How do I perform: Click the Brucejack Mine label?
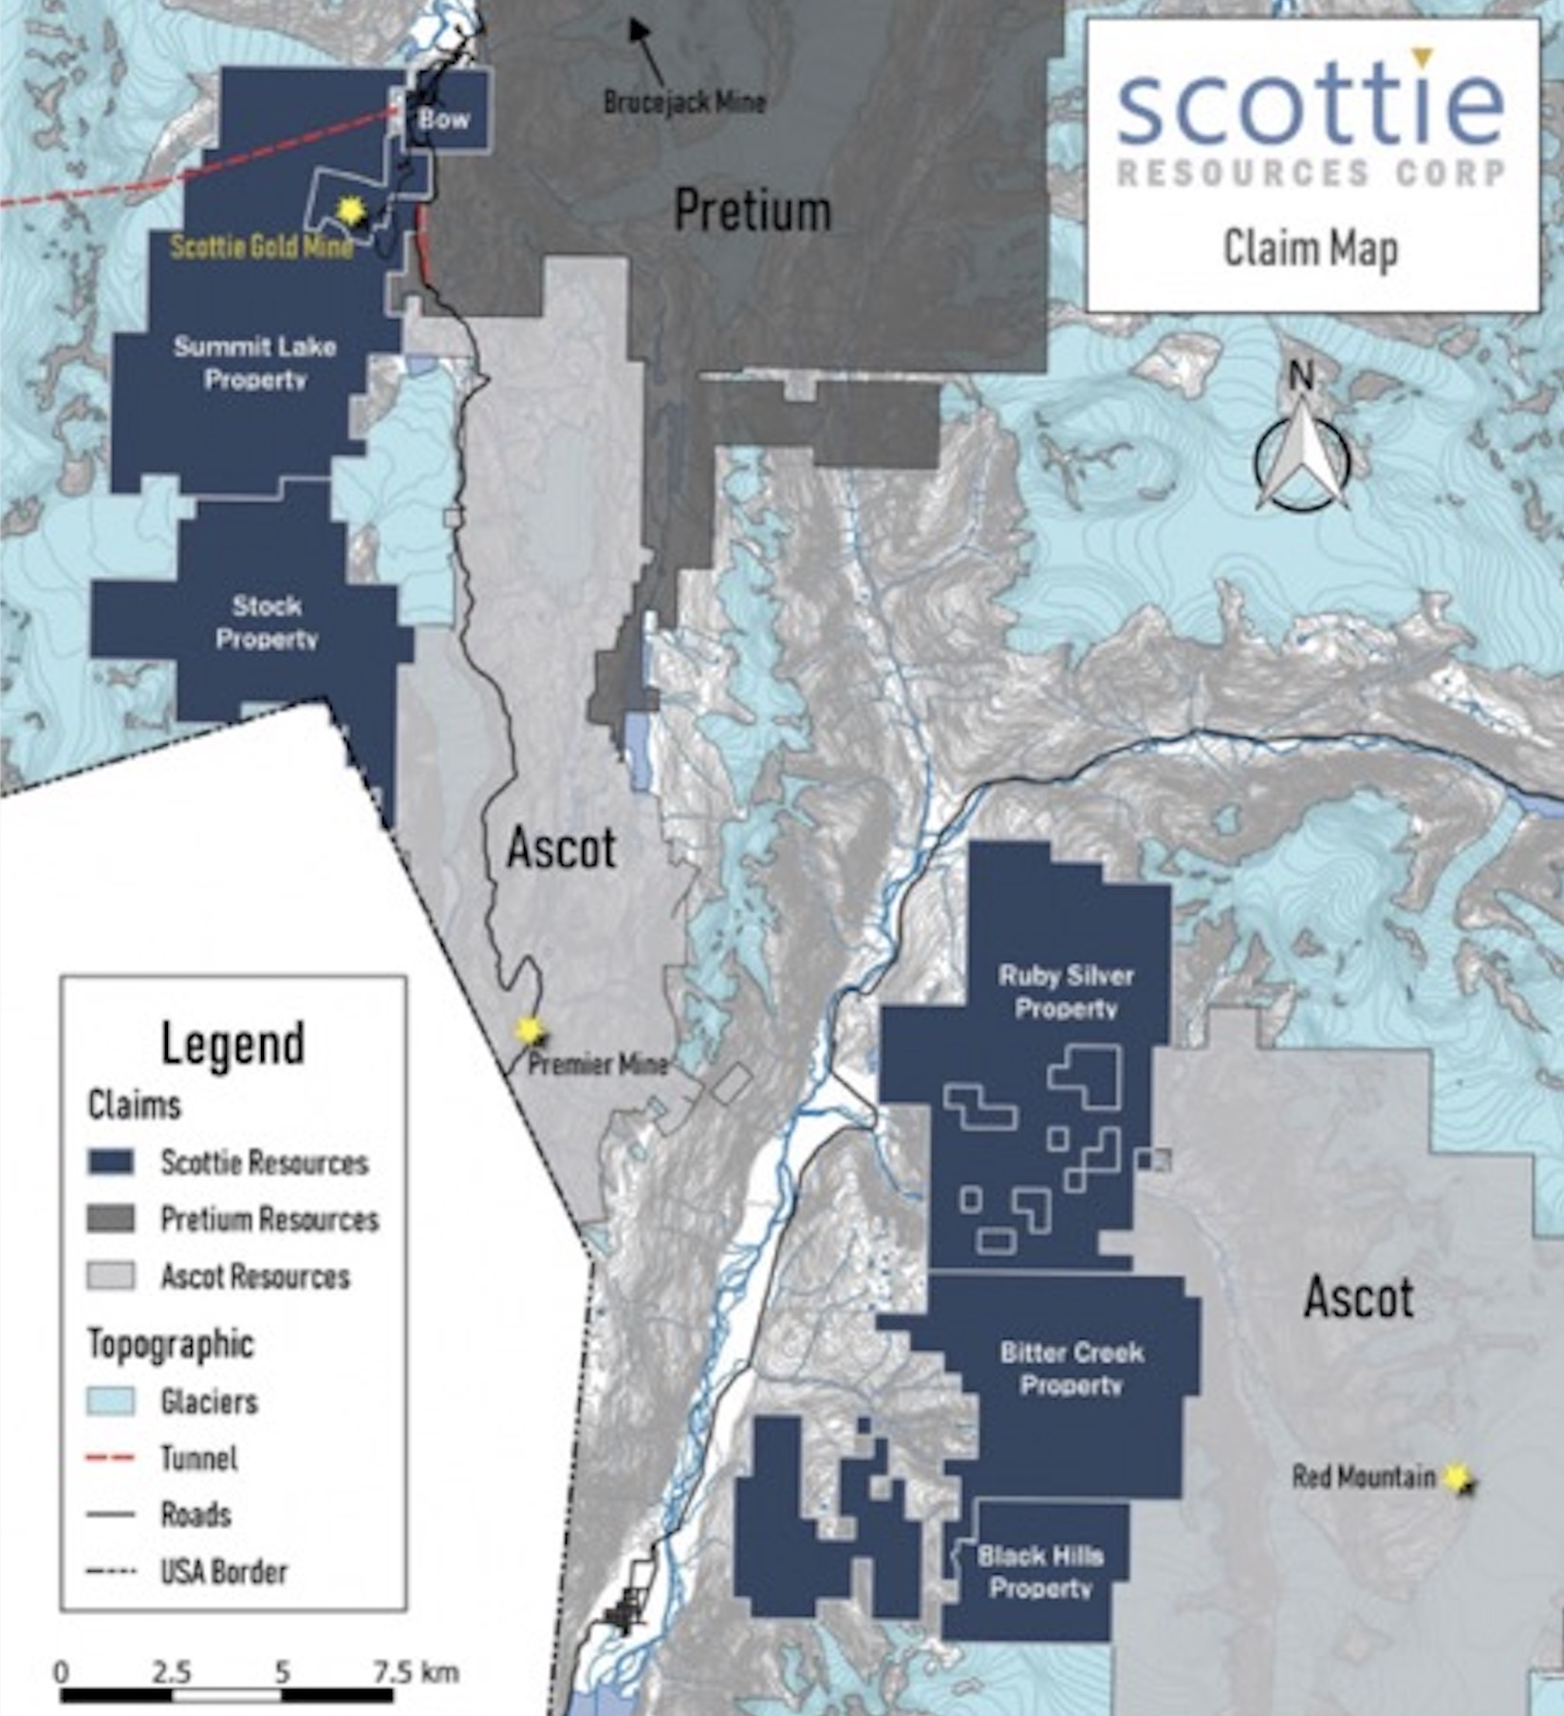[x=684, y=102]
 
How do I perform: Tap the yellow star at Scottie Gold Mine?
[x=351, y=211]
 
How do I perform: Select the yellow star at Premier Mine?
[x=530, y=1030]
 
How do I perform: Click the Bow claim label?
[x=444, y=120]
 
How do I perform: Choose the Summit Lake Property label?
[x=254, y=363]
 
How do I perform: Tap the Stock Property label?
[x=267, y=622]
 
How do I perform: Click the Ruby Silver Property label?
[x=1066, y=992]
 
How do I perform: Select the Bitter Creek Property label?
[x=1071, y=1368]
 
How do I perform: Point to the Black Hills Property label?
[x=1040, y=1571]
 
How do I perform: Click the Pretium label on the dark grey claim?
[x=752, y=210]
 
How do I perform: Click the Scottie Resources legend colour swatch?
[x=110, y=1163]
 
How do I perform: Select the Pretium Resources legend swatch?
[x=110, y=1220]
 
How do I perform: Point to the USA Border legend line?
[x=110, y=1572]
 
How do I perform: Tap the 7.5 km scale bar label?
[x=416, y=1671]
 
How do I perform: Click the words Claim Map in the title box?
[x=1310, y=249]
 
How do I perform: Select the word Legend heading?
[x=233, y=1043]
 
